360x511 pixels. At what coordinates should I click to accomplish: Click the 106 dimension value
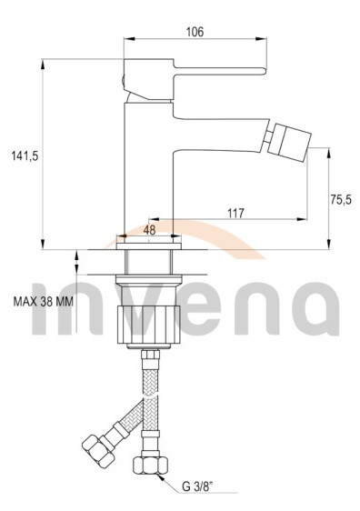(195, 32)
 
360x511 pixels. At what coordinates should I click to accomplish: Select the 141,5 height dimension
(25, 156)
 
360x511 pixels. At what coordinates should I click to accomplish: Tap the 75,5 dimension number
(341, 199)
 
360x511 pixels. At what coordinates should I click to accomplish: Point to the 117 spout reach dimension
(235, 213)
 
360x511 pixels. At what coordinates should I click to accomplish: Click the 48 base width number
(149, 230)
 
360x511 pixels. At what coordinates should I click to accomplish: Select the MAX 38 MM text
(44, 302)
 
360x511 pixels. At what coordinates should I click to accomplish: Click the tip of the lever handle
(265, 71)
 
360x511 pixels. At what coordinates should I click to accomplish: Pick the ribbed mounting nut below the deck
(148, 325)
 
